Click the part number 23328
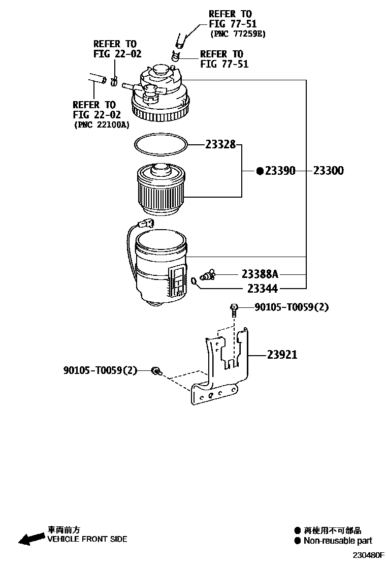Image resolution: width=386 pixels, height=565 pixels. [220, 145]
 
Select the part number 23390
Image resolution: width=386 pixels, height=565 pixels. [279, 171]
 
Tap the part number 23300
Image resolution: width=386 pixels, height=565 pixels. [328, 171]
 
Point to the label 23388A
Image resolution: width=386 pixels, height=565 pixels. [260, 274]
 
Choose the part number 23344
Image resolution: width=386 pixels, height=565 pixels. [262, 289]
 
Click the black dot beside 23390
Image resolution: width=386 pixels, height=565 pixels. [260, 171]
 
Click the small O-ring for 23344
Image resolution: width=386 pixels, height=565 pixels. [195, 280]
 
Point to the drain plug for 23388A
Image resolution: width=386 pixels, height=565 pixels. [208, 275]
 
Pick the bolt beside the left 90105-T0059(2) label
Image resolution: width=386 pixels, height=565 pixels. [157, 371]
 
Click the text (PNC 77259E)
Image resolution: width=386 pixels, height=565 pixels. [238, 34]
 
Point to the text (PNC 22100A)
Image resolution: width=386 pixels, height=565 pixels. [102, 124]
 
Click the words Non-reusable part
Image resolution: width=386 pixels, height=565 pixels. [337, 541]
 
